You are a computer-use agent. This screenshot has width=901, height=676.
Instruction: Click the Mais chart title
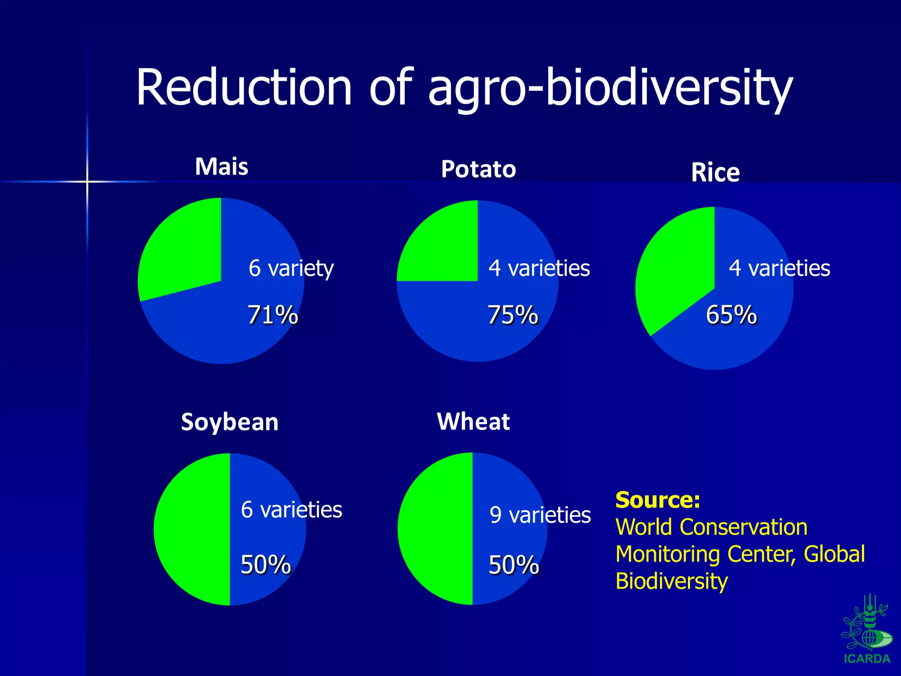coord(221,167)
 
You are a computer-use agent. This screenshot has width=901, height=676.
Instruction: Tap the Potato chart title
coord(478,169)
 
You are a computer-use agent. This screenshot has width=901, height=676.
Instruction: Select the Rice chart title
coord(715,173)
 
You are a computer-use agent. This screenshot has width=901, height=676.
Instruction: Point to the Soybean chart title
coord(230,422)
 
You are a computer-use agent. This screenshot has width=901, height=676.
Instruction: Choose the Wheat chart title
coord(473,422)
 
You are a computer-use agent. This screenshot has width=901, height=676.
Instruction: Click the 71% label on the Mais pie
coord(273,315)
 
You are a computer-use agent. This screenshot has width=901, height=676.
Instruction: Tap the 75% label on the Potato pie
coord(513,315)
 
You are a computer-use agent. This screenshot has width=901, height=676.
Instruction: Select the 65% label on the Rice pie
coord(731,315)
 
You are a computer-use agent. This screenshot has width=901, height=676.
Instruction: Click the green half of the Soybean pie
coord(191,528)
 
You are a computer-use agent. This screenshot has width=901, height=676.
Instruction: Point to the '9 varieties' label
coord(540,515)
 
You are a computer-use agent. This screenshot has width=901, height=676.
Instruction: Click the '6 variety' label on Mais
coord(291,268)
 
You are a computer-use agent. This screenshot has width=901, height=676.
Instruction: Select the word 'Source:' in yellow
coord(657,500)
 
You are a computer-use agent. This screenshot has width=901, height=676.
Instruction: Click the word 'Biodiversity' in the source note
coord(671,581)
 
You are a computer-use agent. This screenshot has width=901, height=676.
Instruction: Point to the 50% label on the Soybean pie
coord(266,565)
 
